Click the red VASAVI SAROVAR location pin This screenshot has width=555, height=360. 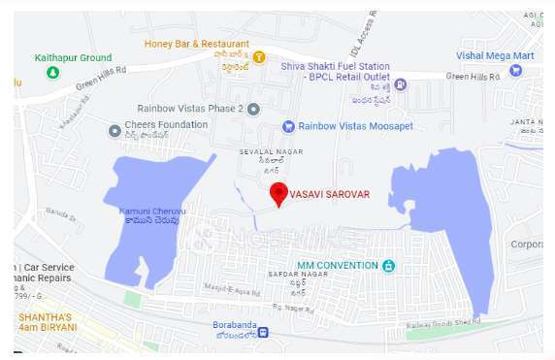point(278,193)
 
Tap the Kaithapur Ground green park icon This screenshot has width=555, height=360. point(52,72)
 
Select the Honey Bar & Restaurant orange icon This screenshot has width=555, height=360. point(259,57)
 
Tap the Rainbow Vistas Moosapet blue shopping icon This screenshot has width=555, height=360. point(287,126)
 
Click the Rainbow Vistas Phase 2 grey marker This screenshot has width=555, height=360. point(253,109)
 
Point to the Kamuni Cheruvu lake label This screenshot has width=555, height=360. point(152,210)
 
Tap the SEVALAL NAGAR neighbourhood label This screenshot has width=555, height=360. point(271,152)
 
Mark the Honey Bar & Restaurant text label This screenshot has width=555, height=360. point(197,44)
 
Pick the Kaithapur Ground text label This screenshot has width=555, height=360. point(73,58)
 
